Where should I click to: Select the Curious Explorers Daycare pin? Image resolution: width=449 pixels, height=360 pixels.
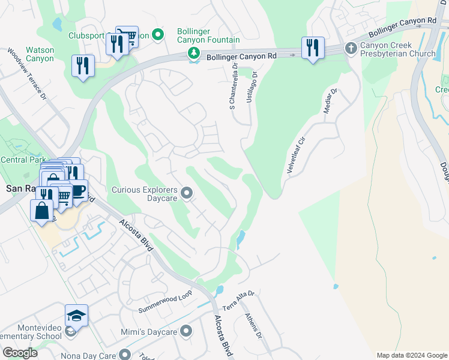pos(186,193)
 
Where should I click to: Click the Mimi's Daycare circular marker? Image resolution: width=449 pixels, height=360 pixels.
pos(186,331)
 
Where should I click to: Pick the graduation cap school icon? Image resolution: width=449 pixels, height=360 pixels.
pos(77,315)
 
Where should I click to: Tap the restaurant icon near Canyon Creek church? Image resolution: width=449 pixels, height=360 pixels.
pos(313,47)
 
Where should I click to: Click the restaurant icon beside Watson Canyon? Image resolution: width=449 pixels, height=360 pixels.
pos(83,65)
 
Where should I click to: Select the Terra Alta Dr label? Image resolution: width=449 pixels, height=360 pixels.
pos(239,300)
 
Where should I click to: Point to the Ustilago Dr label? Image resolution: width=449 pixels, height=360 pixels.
pos(252,88)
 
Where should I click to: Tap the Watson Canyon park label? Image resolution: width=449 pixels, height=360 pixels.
pos(40,55)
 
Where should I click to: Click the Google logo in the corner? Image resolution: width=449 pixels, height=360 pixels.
pos(20,353)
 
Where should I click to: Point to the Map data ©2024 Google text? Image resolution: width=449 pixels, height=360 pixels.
pos(412,355)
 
